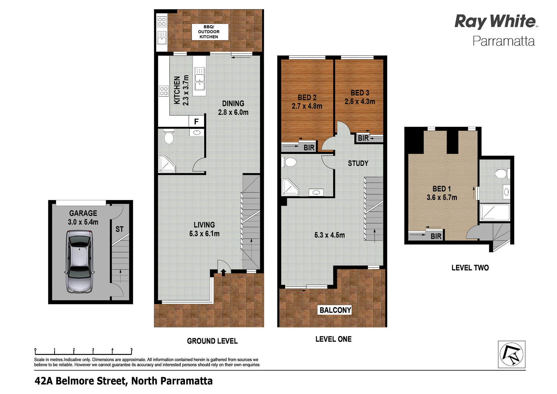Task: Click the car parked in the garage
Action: click(79, 262)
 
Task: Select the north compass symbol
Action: click(511, 354)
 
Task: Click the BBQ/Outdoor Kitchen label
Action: click(209, 32)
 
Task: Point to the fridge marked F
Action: click(196, 122)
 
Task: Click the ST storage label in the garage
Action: click(119, 229)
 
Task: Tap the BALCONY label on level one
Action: click(335, 310)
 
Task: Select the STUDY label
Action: click(358, 163)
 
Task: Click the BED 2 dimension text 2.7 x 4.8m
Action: click(307, 106)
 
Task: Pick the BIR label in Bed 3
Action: click(363, 138)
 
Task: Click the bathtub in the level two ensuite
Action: click(495, 212)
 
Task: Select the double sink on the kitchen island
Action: click(200, 78)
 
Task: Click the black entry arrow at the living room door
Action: click(224, 273)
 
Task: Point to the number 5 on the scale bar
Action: click(131, 350)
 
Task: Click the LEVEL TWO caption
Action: click(470, 268)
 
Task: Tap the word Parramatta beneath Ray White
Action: click(503, 41)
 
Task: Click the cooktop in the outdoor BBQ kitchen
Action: click(162, 22)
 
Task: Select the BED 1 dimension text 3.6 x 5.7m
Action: click(442, 198)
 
